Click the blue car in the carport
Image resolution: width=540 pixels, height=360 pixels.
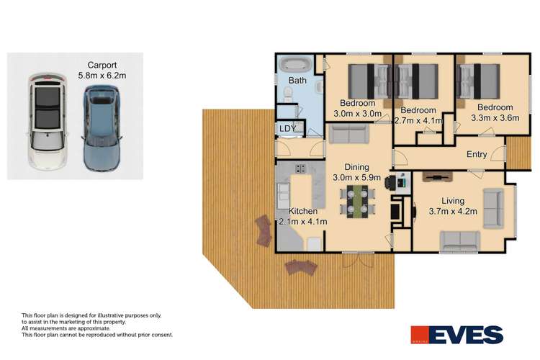tap(99, 127)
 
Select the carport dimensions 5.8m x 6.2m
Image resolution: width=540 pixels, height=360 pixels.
tap(102, 74)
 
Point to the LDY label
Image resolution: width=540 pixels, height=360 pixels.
tap(287, 128)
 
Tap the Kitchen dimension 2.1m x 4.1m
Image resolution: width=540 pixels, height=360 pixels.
tap(303, 221)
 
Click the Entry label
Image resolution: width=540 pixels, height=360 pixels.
tap(477, 154)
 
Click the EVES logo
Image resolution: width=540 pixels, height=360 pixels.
tap(457, 335)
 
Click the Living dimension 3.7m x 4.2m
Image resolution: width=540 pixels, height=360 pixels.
tap(449, 212)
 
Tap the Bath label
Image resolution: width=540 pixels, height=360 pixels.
tap(297, 81)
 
